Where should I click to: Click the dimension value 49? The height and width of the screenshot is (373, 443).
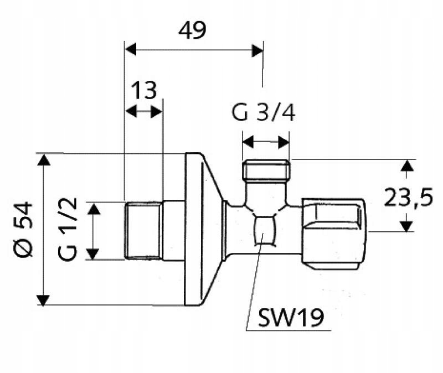click(192, 30)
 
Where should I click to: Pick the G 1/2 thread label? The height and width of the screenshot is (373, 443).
click(68, 230)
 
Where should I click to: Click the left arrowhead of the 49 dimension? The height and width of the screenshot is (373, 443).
click(130, 50)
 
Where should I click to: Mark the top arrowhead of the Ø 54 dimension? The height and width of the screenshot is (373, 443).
click(43, 160)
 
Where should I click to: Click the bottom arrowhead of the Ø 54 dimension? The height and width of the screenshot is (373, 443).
click(43, 299)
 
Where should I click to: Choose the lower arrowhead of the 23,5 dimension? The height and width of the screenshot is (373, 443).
click(407, 225)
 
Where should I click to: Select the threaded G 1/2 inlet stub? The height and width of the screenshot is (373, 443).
click(143, 231)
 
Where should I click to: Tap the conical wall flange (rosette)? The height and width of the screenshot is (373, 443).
click(202, 230)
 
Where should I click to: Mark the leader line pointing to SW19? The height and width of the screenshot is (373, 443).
click(254, 288)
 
